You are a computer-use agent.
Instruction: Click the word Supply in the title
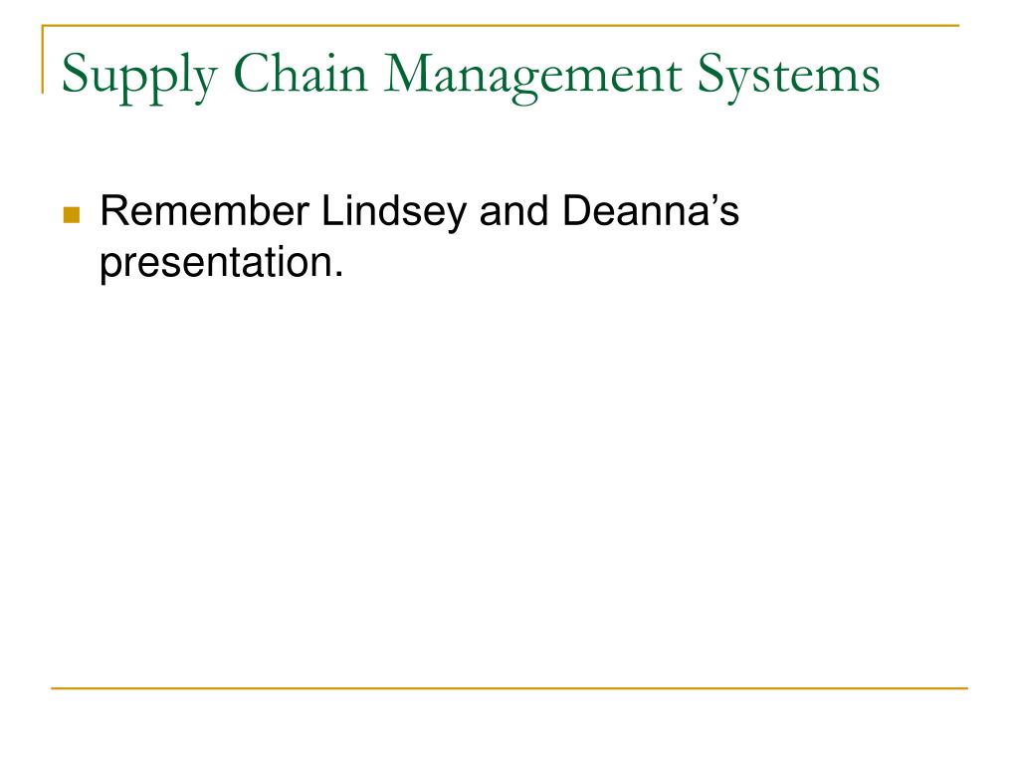pos(139,78)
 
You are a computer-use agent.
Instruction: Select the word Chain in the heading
pos(301,73)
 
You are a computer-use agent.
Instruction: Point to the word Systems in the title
pos(789,78)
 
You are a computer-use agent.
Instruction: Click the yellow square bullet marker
pos(72,215)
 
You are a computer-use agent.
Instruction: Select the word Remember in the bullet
pos(204,211)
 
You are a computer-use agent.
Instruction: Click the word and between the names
pos(513,211)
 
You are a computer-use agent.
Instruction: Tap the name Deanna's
pos(651,211)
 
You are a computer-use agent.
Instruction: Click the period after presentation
pos(338,274)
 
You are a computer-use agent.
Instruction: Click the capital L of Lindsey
pos(332,211)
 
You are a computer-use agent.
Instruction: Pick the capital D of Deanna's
pos(576,211)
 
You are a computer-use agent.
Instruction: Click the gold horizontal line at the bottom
pos(509,687)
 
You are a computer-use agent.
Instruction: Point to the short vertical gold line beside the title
pos(43,59)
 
